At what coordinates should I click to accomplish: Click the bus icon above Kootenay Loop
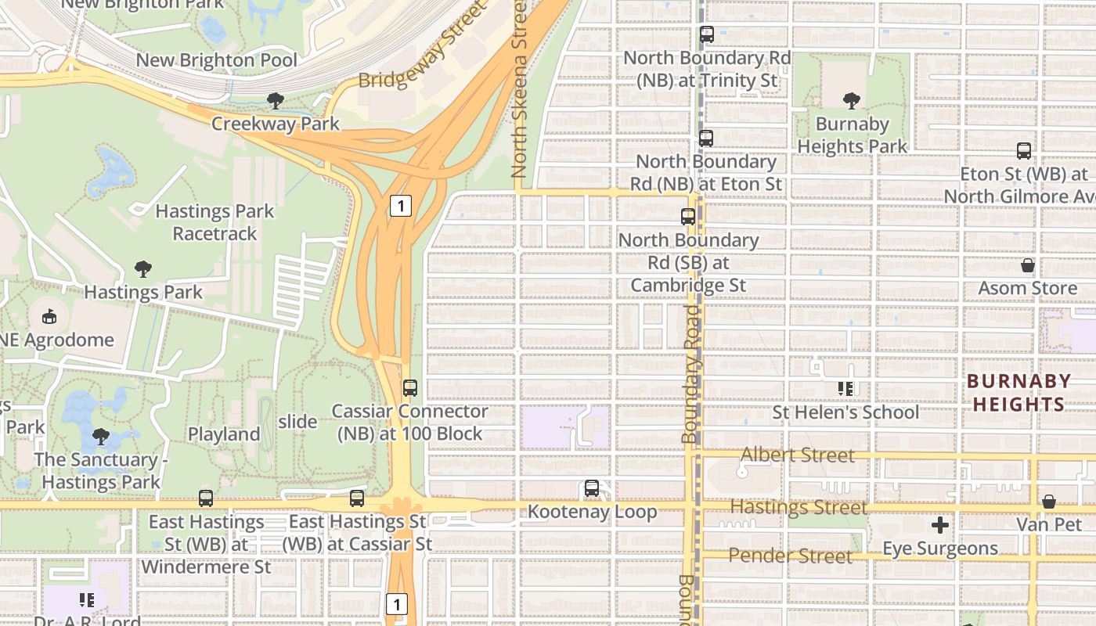tap(592, 488)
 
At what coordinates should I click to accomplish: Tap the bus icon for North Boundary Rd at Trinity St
tap(707, 34)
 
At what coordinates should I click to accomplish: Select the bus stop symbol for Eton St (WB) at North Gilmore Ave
tap(1023, 151)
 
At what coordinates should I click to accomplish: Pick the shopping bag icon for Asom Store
tap(1028, 265)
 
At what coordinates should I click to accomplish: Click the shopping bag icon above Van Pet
tap(1049, 501)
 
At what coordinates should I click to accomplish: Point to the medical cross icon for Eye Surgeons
tap(940, 525)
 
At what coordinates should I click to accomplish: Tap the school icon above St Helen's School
tap(845, 388)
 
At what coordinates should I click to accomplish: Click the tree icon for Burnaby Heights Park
tap(852, 101)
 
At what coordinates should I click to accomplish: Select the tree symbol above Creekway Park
tap(276, 100)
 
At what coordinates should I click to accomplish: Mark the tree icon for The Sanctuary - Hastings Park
tap(100, 437)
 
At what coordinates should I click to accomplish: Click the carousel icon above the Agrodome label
tap(49, 317)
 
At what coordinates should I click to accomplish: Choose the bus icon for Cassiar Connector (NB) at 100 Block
tap(410, 387)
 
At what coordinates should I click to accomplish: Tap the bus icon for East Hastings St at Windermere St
tap(206, 498)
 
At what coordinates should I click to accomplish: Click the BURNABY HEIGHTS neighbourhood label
tap(1018, 393)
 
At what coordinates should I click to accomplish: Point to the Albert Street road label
tap(797, 455)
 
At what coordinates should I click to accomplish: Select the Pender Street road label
tap(790, 556)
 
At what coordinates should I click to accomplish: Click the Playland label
tap(224, 434)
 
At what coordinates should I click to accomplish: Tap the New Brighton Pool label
tap(217, 60)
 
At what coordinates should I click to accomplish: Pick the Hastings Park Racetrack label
tap(215, 222)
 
